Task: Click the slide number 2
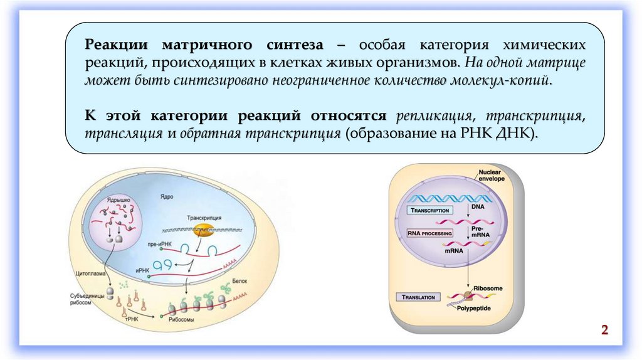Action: pos(605,331)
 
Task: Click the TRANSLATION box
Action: pos(421,297)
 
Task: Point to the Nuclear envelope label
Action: pos(491,175)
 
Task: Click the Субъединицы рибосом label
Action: pos(82,299)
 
